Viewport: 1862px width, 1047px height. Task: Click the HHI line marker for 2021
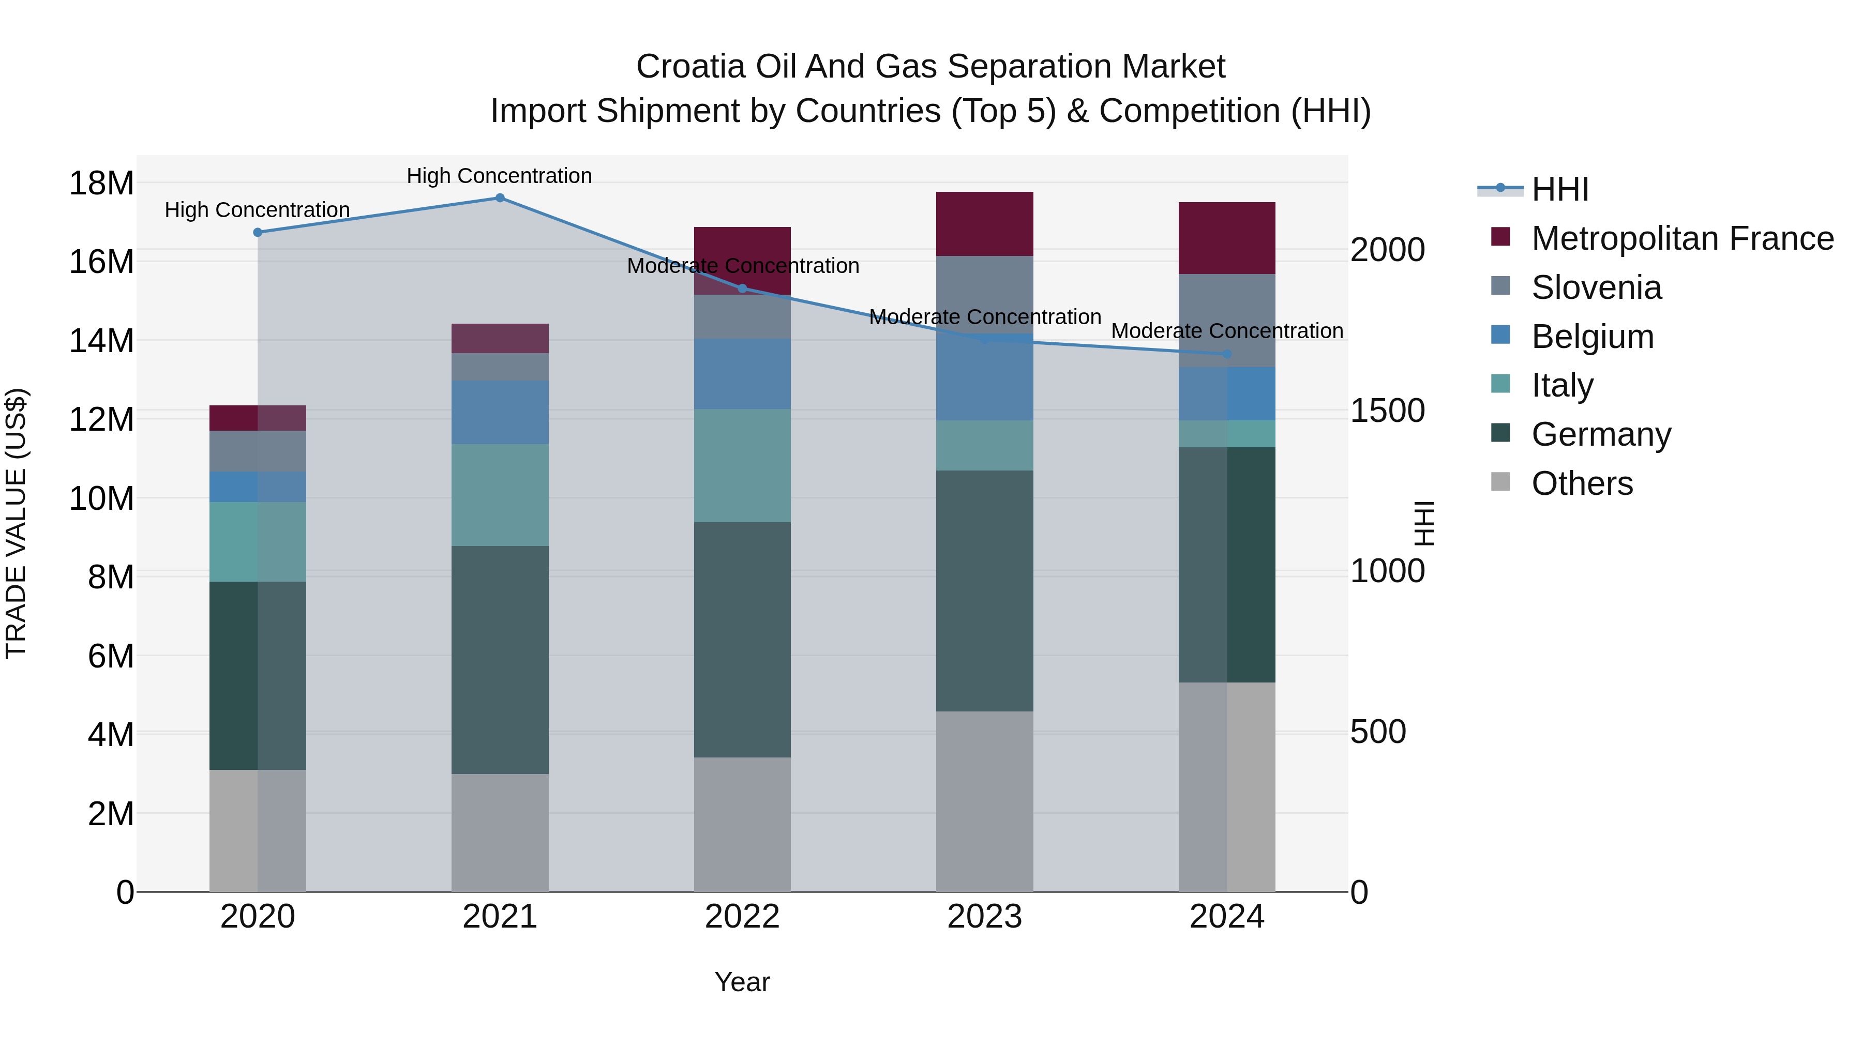click(x=500, y=198)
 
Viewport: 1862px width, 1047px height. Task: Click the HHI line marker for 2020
click(x=258, y=232)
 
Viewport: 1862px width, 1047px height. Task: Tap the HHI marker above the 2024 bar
click(x=1227, y=354)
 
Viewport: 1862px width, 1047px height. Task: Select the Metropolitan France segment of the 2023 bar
click(x=984, y=224)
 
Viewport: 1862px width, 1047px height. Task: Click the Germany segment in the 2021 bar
click(x=500, y=659)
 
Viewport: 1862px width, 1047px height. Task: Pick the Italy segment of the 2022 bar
click(x=742, y=465)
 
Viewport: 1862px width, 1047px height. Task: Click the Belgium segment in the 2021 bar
click(x=500, y=412)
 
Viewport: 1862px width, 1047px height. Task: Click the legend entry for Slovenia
click(x=1596, y=287)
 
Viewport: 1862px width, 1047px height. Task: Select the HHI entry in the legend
click(x=1560, y=189)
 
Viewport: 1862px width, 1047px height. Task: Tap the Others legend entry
click(x=1582, y=483)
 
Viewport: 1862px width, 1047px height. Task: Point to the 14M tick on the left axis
click(x=101, y=340)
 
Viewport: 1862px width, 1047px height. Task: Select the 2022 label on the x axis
click(x=742, y=917)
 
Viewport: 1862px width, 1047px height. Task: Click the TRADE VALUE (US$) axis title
click(x=16, y=523)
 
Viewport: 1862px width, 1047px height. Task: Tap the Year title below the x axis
click(x=742, y=982)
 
